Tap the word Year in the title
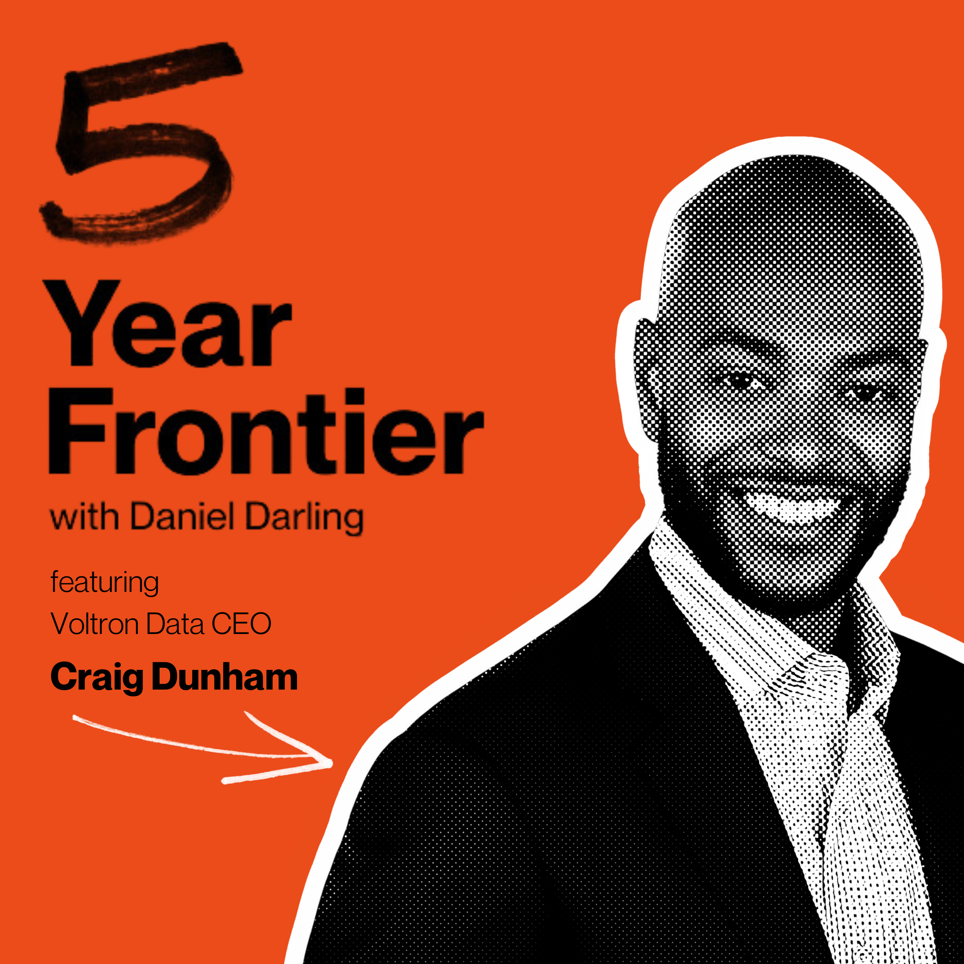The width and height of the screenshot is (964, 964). pos(170,323)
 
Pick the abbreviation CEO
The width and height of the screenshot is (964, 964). pos(242,624)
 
